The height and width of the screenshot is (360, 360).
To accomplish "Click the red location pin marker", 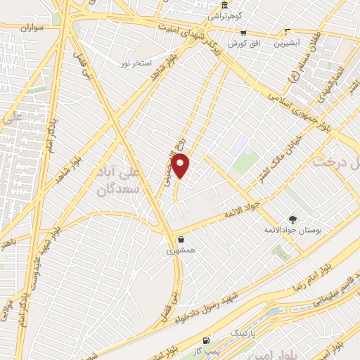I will pyautogui.click(x=181, y=167).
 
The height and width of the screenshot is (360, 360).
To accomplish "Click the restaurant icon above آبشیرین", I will pyautogui.click(x=287, y=32).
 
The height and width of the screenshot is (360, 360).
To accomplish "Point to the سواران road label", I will pyautogui.click(x=32, y=27).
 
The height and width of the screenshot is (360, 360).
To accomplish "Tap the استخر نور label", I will pyautogui.click(x=136, y=63).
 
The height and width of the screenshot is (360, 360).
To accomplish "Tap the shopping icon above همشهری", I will pyautogui.click(x=181, y=239).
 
